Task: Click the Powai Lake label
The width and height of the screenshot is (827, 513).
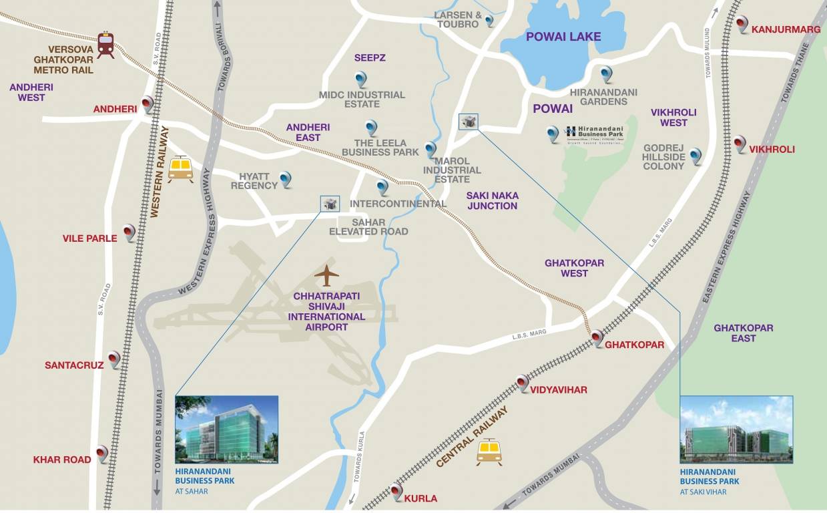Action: point(563,37)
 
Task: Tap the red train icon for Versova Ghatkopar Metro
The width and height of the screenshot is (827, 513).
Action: point(105,44)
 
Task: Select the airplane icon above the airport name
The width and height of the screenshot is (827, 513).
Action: point(326,275)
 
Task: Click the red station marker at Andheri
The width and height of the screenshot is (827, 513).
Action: point(148,104)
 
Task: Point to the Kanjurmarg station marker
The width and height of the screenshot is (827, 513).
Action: point(742,25)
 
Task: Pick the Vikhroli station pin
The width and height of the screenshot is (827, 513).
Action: point(740,144)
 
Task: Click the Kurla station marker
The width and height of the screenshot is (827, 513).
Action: point(396,492)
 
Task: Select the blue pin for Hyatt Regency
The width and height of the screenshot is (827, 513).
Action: point(286,179)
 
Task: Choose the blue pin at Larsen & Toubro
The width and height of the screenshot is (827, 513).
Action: point(489,21)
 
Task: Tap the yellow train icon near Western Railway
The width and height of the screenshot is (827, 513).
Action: point(180,168)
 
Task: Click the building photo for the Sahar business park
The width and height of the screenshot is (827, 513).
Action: point(226,430)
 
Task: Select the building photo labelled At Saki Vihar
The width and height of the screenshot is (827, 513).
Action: point(736,429)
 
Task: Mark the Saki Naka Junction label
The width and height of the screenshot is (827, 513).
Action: point(492,200)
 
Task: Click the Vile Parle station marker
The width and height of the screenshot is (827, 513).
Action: point(129,232)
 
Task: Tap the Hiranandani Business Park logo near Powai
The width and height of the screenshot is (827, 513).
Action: point(594,134)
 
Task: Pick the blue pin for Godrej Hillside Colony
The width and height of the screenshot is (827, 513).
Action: point(696,156)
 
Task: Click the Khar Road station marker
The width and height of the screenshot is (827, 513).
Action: point(101,454)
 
